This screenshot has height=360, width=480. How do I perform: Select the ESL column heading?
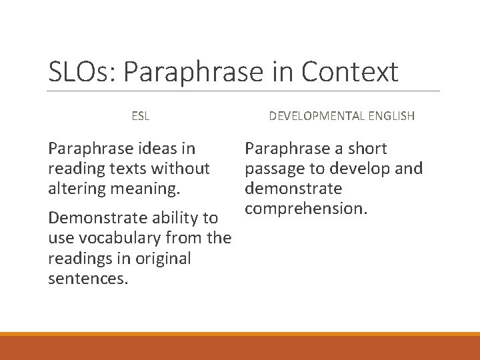140,116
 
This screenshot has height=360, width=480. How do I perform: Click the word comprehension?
307,209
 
